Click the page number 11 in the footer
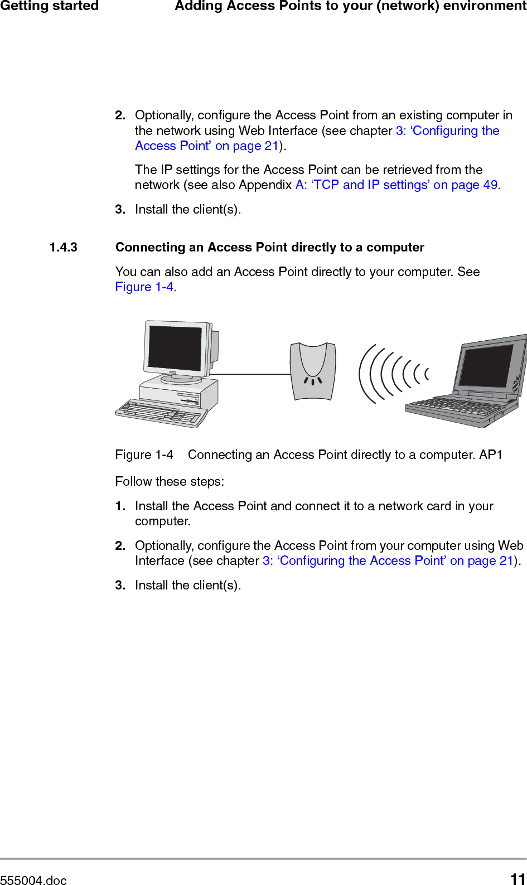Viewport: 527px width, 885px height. point(518,879)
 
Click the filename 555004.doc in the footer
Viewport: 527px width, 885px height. point(33,880)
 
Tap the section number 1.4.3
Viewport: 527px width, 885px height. point(64,247)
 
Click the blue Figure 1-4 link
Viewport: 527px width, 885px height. point(144,287)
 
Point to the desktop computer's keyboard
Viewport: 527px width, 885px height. point(160,413)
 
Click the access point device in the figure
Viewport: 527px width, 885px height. point(313,370)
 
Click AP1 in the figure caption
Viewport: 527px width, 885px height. point(491,454)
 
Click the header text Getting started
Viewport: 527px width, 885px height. point(49,6)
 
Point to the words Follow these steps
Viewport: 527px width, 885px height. point(170,481)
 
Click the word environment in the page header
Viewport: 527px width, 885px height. point(485,6)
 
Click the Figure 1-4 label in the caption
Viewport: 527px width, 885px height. point(144,454)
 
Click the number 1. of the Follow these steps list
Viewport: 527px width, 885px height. point(120,506)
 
